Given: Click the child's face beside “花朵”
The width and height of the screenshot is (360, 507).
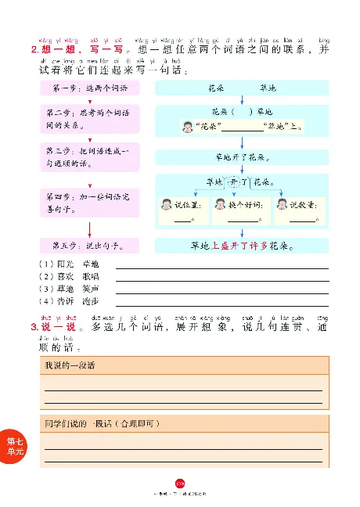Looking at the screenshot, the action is [188, 127].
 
